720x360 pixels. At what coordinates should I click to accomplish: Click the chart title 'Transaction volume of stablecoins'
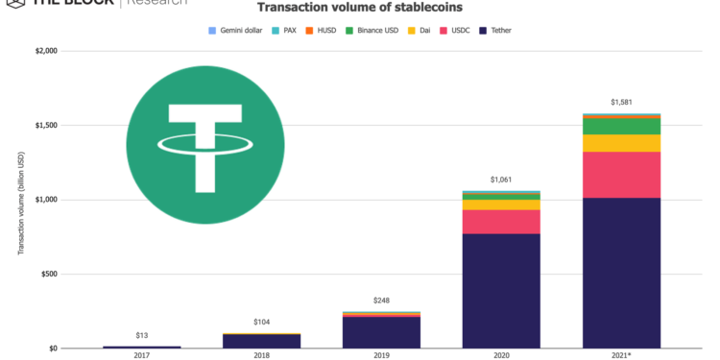pyautogui.click(x=360, y=7)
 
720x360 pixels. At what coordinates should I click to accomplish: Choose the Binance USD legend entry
pyautogui.click(x=378, y=31)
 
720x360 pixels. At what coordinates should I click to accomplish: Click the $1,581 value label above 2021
pyautogui.click(x=621, y=102)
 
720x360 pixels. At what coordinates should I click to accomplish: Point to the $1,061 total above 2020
pyautogui.click(x=501, y=180)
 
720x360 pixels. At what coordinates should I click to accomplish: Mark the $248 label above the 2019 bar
pyautogui.click(x=381, y=300)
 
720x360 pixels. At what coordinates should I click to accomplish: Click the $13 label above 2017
pyautogui.click(x=142, y=334)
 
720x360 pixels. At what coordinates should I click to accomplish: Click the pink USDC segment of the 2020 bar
pyautogui.click(x=501, y=222)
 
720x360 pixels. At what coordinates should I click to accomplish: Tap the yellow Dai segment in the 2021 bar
pyautogui.click(x=621, y=143)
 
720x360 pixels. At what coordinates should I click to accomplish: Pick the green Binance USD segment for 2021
pyautogui.click(x=621, y=126)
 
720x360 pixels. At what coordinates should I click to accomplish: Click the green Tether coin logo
pyautogui.click(x=205, y=144)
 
